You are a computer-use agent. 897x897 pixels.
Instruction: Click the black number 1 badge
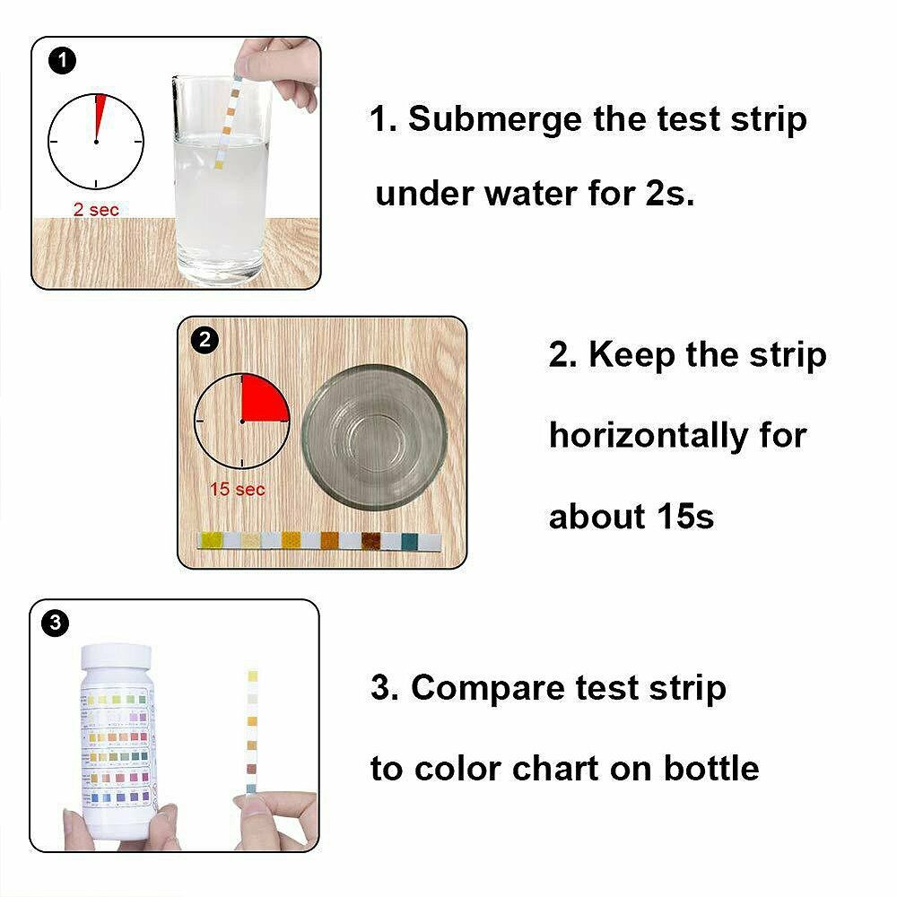[60, 61]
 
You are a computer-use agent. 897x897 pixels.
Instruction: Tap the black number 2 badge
[205, 340]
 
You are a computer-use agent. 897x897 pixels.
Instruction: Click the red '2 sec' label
[95, 210]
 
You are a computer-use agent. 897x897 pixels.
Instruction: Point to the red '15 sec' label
[238, 490]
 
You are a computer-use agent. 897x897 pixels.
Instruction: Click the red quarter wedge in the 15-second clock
[262, 400]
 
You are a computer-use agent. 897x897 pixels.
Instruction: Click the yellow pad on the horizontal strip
[213, 540]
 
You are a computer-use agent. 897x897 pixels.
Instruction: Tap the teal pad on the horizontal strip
[409, 541]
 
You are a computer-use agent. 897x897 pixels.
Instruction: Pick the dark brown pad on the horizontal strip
[370, 541]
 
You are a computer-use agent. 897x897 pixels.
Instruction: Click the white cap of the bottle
[119, 662]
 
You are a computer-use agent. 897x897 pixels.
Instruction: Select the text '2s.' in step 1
[669, 193]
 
